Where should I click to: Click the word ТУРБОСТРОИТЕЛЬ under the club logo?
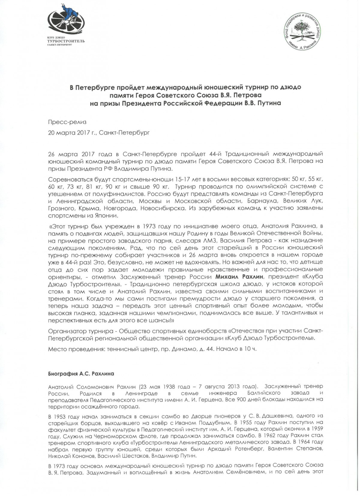click(66, 41)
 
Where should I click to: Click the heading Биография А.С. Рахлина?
click(81, 374)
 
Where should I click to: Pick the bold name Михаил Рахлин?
click(241, 277)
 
